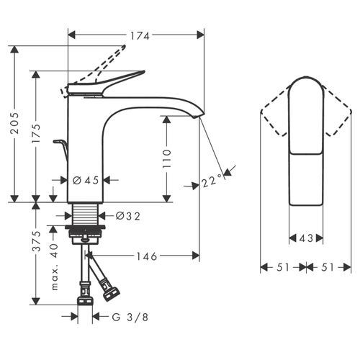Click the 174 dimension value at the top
[x=140, y=36]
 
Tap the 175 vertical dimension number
[x=37, y=134]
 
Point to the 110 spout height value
[x=166, y=158]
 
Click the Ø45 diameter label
[x=86, y=180]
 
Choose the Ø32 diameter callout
[x=127, y=216]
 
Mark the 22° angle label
[x=211, y=181]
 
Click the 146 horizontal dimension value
[x=147, y=256]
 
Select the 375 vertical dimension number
[x=37, y=241]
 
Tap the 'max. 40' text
[x=55, y=267]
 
